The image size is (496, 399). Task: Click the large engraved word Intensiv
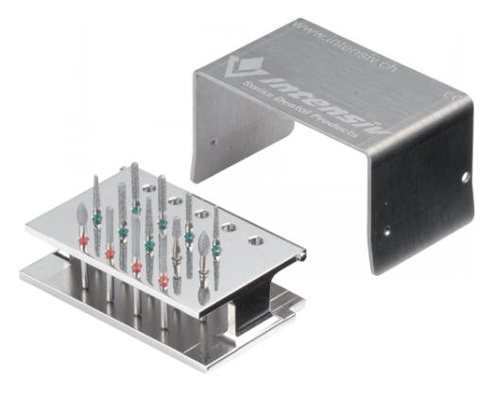pos(312,98)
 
